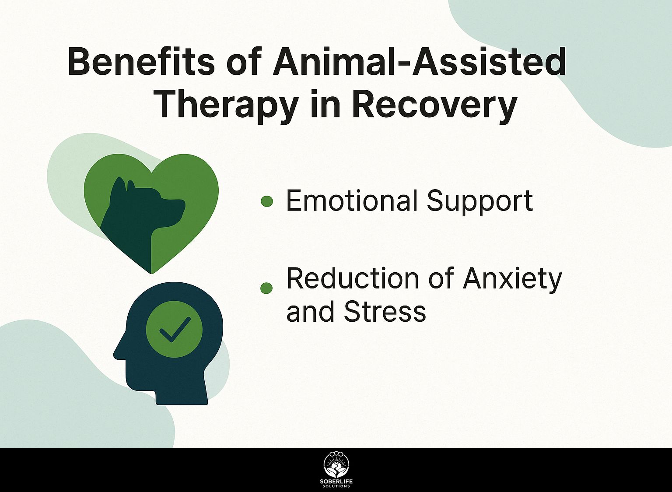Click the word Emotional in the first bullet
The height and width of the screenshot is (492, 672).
350,200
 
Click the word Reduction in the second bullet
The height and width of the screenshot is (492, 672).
353,278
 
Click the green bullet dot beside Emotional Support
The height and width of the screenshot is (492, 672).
267,201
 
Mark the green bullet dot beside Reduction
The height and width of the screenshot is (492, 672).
267,288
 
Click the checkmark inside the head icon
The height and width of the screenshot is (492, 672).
175,330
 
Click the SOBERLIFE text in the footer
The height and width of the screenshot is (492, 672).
336,481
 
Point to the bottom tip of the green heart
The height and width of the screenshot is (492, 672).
152,273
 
